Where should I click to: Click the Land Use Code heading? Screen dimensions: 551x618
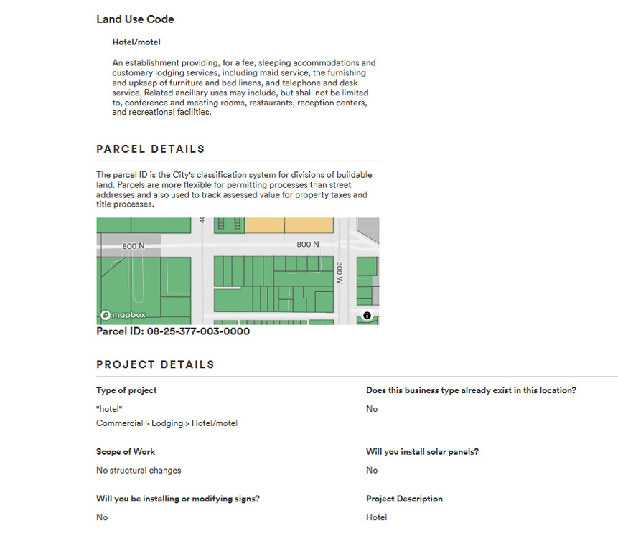(135, 19)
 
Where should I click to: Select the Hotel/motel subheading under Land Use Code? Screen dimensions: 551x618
(136, 42)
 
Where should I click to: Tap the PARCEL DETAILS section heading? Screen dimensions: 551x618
(151, 149)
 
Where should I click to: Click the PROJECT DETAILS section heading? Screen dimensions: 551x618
(155, 364)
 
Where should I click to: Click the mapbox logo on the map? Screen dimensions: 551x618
(123, 315)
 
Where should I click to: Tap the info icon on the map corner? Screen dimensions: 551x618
(367, 315)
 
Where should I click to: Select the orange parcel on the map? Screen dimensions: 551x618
(289, 225)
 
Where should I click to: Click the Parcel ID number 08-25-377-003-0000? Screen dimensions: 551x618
(198, 331)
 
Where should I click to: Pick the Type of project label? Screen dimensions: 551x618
(126, 390)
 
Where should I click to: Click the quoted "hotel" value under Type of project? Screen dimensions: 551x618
(110, 409)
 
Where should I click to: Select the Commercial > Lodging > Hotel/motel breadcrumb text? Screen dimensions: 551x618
(167, 423)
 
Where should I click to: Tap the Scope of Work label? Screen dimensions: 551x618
(126, 452)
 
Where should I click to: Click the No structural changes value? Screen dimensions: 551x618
(139, 471)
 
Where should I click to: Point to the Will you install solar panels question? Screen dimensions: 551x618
(422, 452)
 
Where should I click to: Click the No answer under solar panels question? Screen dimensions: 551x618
(372, 471)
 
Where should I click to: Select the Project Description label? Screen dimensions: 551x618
(404, 499)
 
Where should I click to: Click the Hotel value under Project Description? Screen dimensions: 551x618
(376, 517)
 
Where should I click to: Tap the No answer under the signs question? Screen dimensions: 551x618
(102, 517)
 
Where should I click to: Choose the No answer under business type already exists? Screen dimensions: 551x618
(372, 409)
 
